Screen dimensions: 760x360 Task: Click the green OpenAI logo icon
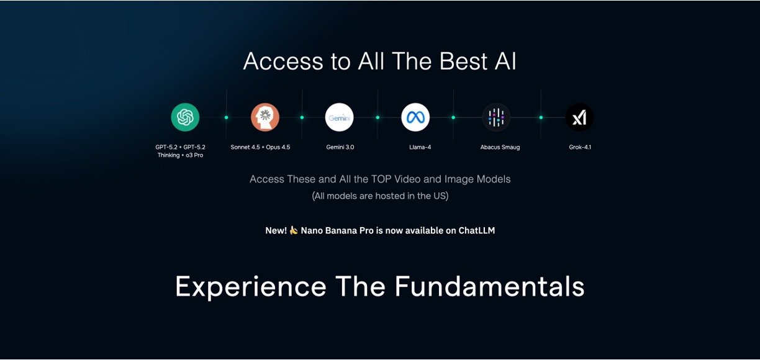185,117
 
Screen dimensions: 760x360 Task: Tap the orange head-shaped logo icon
265,117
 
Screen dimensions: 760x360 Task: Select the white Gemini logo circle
339,117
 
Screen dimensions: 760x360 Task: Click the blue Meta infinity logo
415,117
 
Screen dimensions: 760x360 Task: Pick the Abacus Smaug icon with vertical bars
496,117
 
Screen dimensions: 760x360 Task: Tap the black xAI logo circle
579,117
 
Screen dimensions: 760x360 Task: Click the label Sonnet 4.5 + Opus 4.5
260,147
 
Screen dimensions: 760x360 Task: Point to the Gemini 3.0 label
340,147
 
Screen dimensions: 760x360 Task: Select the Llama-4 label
420,147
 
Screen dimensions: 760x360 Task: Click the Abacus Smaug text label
500,147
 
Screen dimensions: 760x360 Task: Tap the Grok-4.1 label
580,147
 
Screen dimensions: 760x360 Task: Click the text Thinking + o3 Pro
180,155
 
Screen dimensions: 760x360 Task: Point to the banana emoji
294,230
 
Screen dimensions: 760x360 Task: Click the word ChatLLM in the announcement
477,231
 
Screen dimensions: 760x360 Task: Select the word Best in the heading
464,61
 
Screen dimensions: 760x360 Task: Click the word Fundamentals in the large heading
489,287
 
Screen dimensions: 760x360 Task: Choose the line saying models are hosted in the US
380,196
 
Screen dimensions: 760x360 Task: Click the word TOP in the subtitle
381,179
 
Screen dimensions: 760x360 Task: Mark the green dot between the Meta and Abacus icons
453,117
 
